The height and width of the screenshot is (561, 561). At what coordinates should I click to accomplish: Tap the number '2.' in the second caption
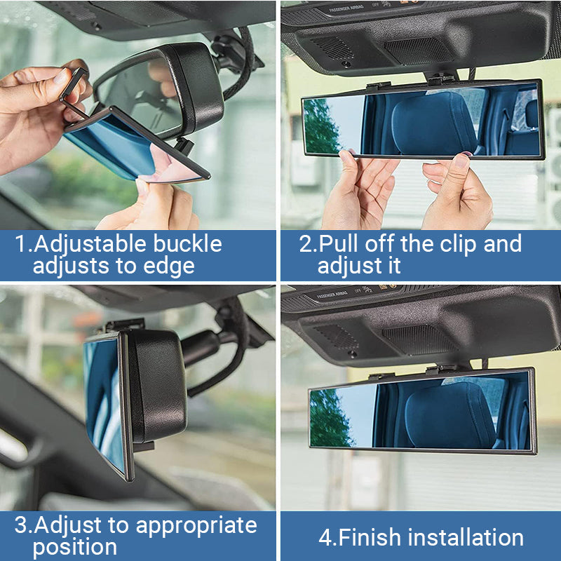pos(308,244)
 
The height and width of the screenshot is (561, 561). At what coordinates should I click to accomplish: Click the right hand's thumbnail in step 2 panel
pos(461,161)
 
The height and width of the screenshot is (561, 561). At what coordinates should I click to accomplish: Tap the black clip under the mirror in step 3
pos(144,445)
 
